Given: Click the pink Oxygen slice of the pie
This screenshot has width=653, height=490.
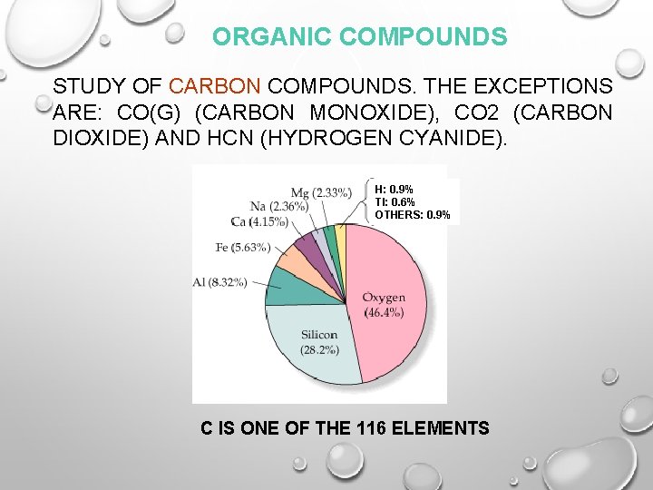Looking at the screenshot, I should [x=381, y=281].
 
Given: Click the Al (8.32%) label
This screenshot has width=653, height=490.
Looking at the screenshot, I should [x=219, y=282].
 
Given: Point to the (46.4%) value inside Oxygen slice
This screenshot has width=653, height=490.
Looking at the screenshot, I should [x=384, y=313].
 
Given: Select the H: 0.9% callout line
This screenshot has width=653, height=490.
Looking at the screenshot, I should [x=394, y=190].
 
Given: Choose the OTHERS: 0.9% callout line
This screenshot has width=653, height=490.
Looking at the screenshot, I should [x=412, y=215].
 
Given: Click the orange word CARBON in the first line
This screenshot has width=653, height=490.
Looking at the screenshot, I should [x=216, y=86].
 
